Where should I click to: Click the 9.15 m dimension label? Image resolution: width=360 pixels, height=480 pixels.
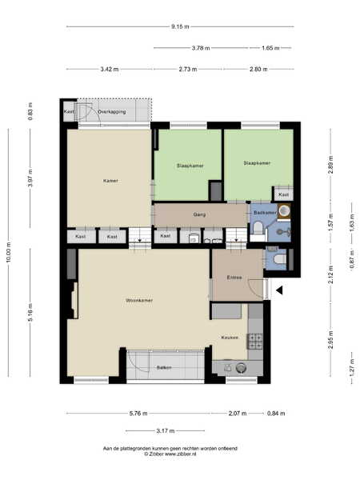click(x=180, y=26)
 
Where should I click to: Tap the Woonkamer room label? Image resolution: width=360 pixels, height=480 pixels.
click(x=139, y=300)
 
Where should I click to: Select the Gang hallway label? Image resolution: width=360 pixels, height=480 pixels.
click(x=199, y=214)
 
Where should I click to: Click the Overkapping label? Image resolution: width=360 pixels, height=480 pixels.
click(x=112, y=112)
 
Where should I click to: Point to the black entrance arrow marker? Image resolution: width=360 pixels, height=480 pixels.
click(x=279, y=290)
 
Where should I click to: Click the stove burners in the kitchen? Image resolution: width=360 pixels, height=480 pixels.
click(x=255, y=342)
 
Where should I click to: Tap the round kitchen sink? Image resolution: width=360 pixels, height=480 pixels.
click(x=241, y=368)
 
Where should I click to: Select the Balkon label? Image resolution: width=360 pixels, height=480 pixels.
click(x=164, y=367)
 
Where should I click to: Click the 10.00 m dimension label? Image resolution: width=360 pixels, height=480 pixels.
click(x=9, y=252)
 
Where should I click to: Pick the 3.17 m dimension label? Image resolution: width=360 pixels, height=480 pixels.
click(x=166, y=430)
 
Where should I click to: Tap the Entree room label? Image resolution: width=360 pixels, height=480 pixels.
click(x=234, y=278)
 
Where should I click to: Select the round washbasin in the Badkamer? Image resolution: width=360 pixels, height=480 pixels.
click(x=284, y=210)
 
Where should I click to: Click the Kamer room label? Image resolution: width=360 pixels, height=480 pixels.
click(x=110, y=181)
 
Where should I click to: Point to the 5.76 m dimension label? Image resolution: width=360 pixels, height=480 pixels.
click(x=138, y=414)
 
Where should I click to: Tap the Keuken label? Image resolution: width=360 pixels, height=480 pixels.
click(x=230, y=338)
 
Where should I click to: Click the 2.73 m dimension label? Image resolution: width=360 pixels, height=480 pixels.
click(x=188, y=69)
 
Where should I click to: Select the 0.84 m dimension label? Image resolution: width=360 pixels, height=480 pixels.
click(x=276, y=414)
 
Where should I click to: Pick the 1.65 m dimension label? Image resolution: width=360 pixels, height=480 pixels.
click(x=270, y=48)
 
